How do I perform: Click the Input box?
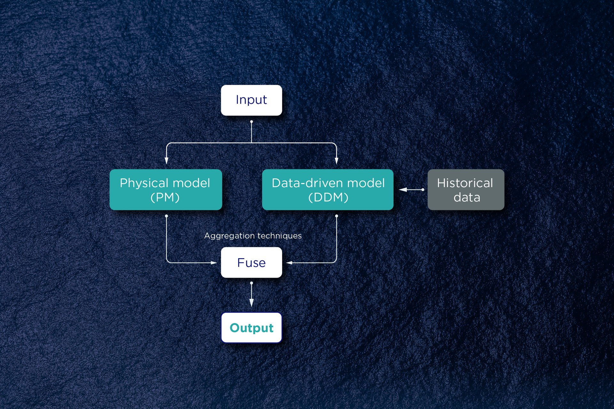[251, 100]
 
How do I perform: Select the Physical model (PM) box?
[166, 189]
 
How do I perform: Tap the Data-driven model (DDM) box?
[327, 189]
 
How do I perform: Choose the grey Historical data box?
[466, 189]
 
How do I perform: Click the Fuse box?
[251, 262]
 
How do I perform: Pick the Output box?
[251, 328]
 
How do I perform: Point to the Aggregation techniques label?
[253, 236]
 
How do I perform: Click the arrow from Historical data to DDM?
[411, 189]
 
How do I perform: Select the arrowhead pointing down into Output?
[251, 303]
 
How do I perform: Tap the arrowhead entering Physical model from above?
[166, 161]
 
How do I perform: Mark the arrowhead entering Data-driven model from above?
[336, 161]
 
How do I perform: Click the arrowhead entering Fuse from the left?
[214, 263]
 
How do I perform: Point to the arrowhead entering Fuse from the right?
[289, 263]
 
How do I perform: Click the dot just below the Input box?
[251, 122]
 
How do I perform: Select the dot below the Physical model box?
[166, 216]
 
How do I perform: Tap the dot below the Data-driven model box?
[336, 216]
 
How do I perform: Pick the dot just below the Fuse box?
[251, 283]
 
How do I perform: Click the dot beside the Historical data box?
[423, 189]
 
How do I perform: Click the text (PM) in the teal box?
[165, 197]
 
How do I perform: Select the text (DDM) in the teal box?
[328, 197]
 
